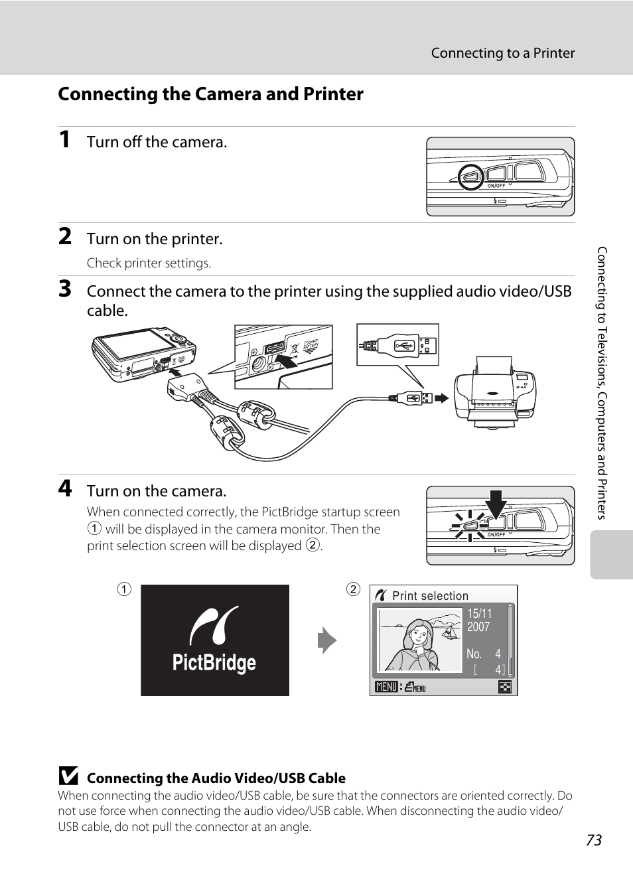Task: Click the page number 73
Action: coord(594,840)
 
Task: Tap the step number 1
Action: coord(64,140)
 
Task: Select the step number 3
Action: coord(65,289)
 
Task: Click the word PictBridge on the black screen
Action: coord(214,663)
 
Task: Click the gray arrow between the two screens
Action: coord(327,640)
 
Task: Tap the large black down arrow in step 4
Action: coord(496,504)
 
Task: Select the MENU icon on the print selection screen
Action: coord(387,687)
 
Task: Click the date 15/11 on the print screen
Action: coord(479,614)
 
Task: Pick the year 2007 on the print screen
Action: coord(478,627)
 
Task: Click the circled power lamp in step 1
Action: coord(471,177)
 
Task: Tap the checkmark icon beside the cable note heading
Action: coord(68,775)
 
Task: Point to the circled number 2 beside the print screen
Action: coord(353,589)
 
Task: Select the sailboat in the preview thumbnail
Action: coord(449,633)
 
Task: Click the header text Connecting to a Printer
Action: coord(502,53)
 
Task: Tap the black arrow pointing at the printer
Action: coord(442,398)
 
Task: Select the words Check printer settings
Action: coord(149,263)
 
